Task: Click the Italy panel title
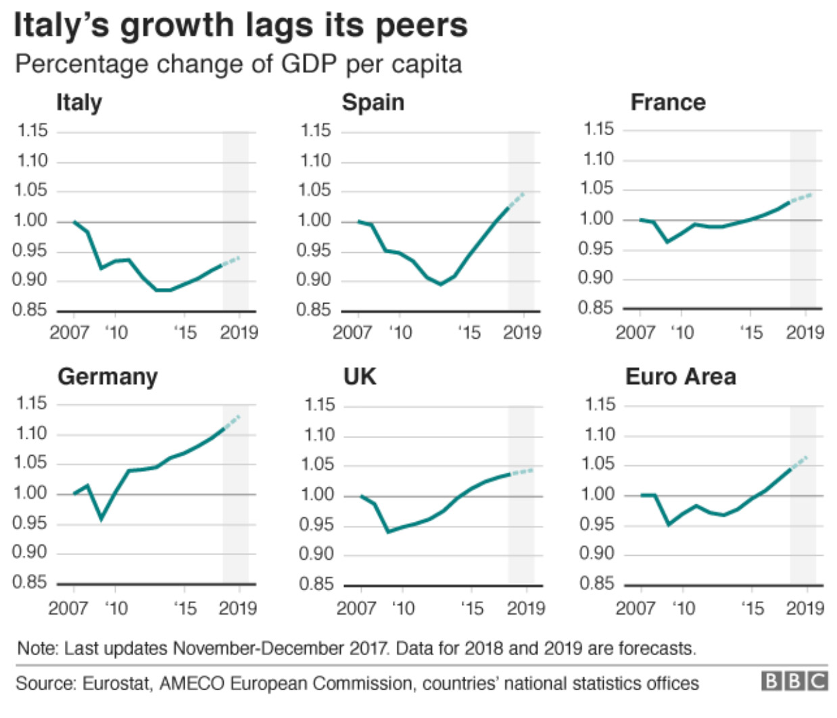[x=79, y=103]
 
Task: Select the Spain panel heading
[x=373, y=103]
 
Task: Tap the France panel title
[x=667, y=102]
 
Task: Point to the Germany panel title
[x=107, y=377]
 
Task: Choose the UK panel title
[x=360, y=377]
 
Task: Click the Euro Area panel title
[x=680, y=377]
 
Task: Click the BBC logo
[x=794, y=681]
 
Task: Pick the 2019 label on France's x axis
[x=805, y=333]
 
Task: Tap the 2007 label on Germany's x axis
[x=68, y=608]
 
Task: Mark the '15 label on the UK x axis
[x=471, y=608]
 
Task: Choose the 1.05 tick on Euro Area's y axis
[x=598, y=464]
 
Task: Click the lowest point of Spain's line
[x=441, y=284]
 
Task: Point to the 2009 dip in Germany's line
[x=101, y=519]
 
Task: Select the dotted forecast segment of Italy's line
[x=231, y=261]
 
